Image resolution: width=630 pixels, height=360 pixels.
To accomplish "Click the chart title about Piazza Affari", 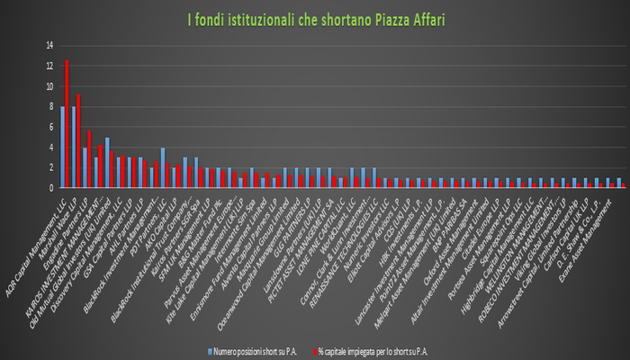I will coord(314,18).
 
